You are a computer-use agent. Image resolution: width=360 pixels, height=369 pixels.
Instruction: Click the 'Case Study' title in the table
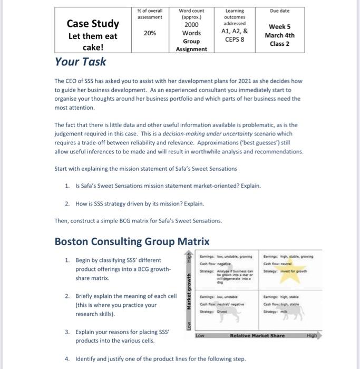tap(93, 24)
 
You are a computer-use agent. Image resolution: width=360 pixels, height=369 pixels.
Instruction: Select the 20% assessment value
tap(150, 32)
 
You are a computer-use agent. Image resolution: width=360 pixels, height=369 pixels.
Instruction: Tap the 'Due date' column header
tap(279, 11)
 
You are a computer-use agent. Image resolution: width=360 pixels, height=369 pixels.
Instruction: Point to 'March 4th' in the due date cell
tap(279, 35)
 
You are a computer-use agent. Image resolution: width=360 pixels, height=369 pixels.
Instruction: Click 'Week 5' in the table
tap(279, 26)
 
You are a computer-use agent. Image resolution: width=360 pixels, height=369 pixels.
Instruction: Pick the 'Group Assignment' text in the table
tap(191, 45)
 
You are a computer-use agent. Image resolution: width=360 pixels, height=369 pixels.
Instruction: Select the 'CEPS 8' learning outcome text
tap(235, 38)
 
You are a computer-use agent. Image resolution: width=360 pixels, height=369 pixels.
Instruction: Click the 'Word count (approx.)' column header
tap(191, 14)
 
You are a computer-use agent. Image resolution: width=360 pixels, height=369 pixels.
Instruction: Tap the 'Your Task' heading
tap(80, 62)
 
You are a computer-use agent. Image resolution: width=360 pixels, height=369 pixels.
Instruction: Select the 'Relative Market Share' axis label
tap(257, 335)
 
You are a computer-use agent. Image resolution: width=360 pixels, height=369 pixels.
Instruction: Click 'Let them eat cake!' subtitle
tap(93, 42)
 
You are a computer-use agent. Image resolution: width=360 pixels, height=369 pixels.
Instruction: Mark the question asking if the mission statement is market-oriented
tap(168, 186)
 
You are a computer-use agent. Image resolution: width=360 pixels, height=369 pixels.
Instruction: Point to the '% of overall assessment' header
tap(150, 14)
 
